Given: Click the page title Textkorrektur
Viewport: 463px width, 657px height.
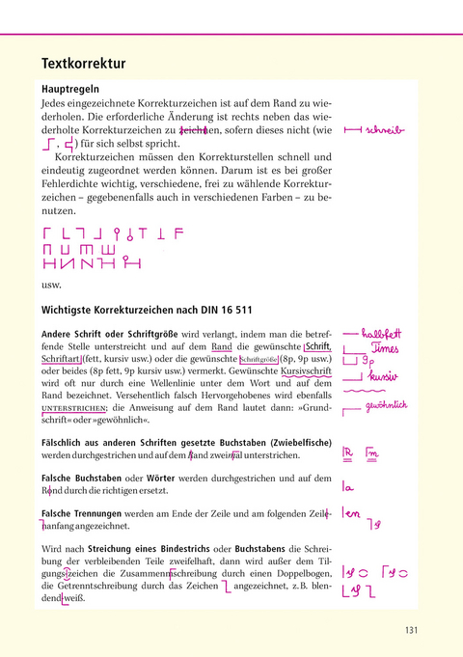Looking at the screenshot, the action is pos(83,65).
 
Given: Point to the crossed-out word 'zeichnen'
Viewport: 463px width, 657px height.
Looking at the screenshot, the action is pos(193,130).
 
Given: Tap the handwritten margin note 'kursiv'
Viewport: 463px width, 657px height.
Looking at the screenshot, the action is pos(384,376).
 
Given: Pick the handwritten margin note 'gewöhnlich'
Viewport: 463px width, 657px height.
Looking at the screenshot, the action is pos(389,407).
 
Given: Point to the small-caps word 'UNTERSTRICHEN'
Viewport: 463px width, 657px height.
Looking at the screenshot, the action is pos(73,409).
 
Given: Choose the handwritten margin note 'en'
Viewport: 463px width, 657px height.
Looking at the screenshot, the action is pos(354,514).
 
